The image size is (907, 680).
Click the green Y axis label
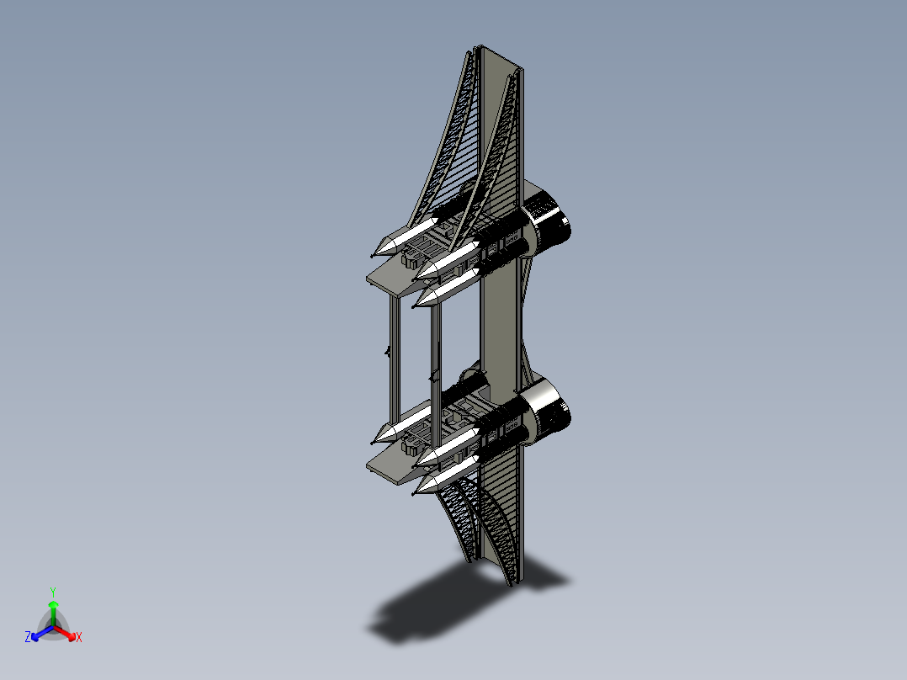(53, 592)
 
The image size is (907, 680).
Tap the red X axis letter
(79, 638)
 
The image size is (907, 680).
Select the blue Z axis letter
(28, 638)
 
